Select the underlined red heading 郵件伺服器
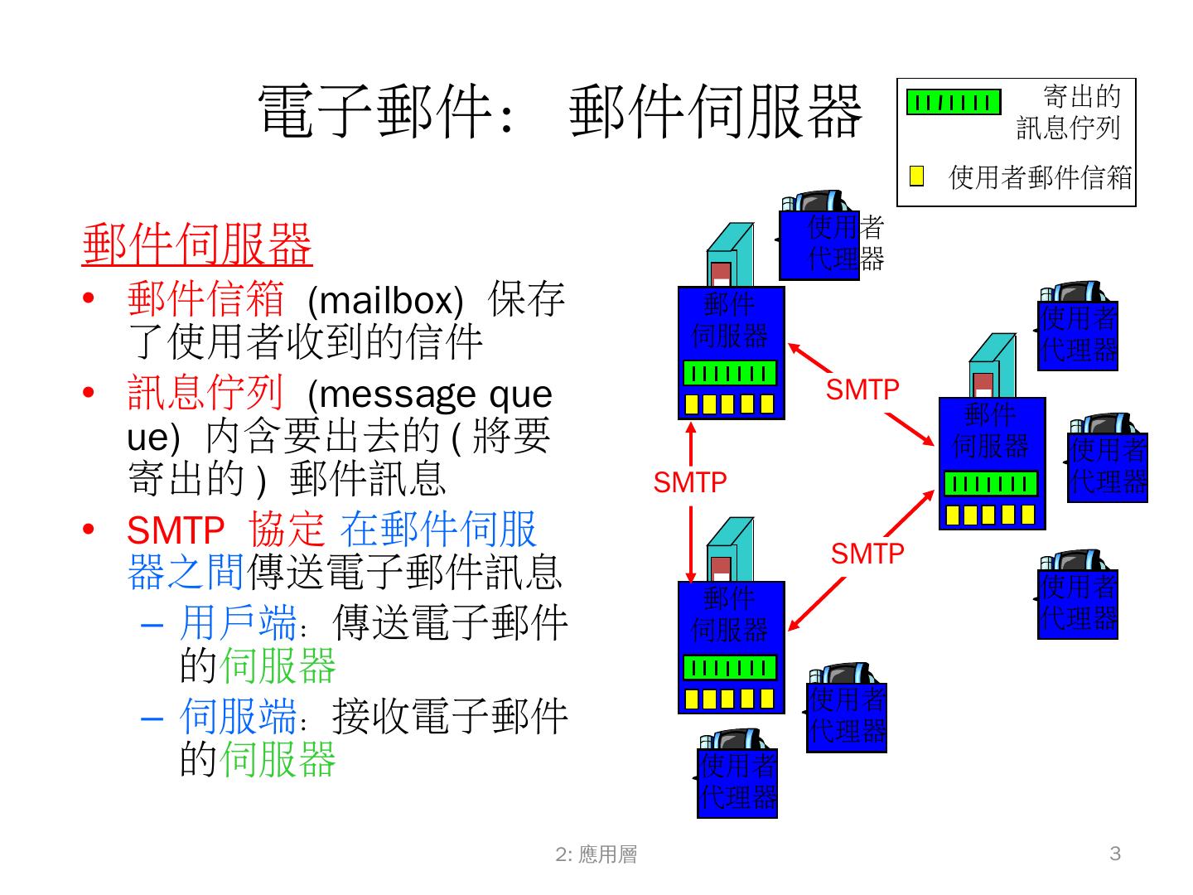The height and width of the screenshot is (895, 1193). tap(197, 244)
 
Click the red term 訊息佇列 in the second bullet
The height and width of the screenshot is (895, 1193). tap(205, 393)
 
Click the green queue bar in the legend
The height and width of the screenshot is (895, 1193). tap(953, 102)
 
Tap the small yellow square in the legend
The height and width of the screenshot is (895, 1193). tap(916, 176)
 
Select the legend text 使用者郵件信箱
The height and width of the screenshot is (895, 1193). tap(1040, 177)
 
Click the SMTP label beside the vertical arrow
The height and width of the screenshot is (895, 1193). tap(689, 482)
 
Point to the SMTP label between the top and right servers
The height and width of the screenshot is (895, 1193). tap(862, 389)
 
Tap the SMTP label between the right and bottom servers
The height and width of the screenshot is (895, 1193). tap(867, 553)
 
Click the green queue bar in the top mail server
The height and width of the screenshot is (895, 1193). tap(730, 373)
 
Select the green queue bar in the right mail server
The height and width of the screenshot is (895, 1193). tap(991, 484)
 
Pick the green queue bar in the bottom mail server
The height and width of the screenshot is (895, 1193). tap(730, 668)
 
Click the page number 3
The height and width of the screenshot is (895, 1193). tap(1114, 854)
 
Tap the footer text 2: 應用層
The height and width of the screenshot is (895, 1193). tap(596, 854)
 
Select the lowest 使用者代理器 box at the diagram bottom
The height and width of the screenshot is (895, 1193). tap(737, 783)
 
